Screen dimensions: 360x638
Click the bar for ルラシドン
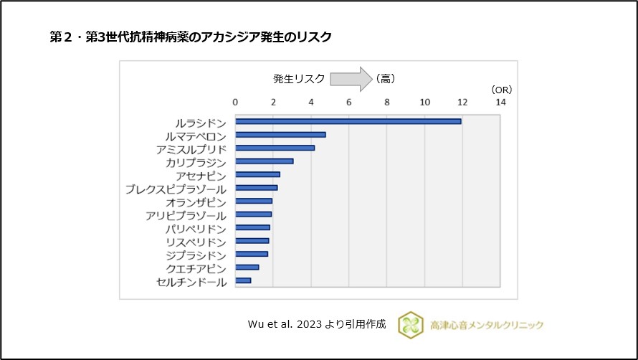click(x=348, y=121)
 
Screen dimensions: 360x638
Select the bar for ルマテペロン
click(x=280, y=135)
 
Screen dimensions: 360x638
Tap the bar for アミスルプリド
click(x=275, y=148)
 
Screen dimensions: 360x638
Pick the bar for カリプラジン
click(x=264, y=161)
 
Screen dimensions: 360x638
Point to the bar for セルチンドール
click(x=243, y=281)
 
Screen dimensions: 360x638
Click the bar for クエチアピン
click(x=247, y=267)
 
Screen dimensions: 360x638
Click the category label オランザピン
click(x=196, y=202)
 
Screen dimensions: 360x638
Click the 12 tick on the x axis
click(x=462, y=102)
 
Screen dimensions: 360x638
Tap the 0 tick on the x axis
click(x=236, y=102)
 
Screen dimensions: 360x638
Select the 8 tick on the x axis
click(x=387, y=102)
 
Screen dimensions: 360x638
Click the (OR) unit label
click(x=501, y=89)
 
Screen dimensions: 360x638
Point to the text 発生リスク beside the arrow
click(x=298, y=78)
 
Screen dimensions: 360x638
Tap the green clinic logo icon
click(x=411, y=324)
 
